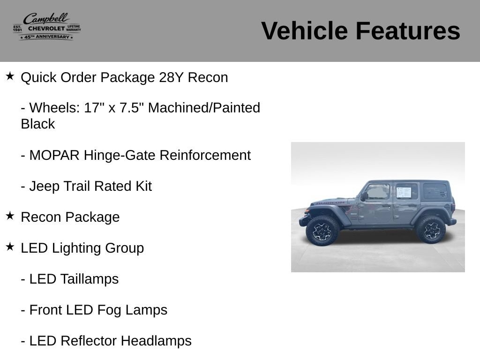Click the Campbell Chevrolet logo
(x=47, y=27)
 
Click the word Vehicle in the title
(x=305, y=31)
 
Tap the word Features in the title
(x=408, y=31)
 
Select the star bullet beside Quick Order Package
(x=10, y=76)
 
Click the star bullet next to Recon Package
(x=10, y=216)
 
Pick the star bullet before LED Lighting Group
(x=10, y=247)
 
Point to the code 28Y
(x=171, y=77)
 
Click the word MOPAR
(x=54, y=155)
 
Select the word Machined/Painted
(x=204, y=108)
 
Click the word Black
(x=38, y=124)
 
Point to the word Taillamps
(x=90, y=279)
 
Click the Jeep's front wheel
(x=322, y=231)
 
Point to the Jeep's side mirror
(x=364, y=196)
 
